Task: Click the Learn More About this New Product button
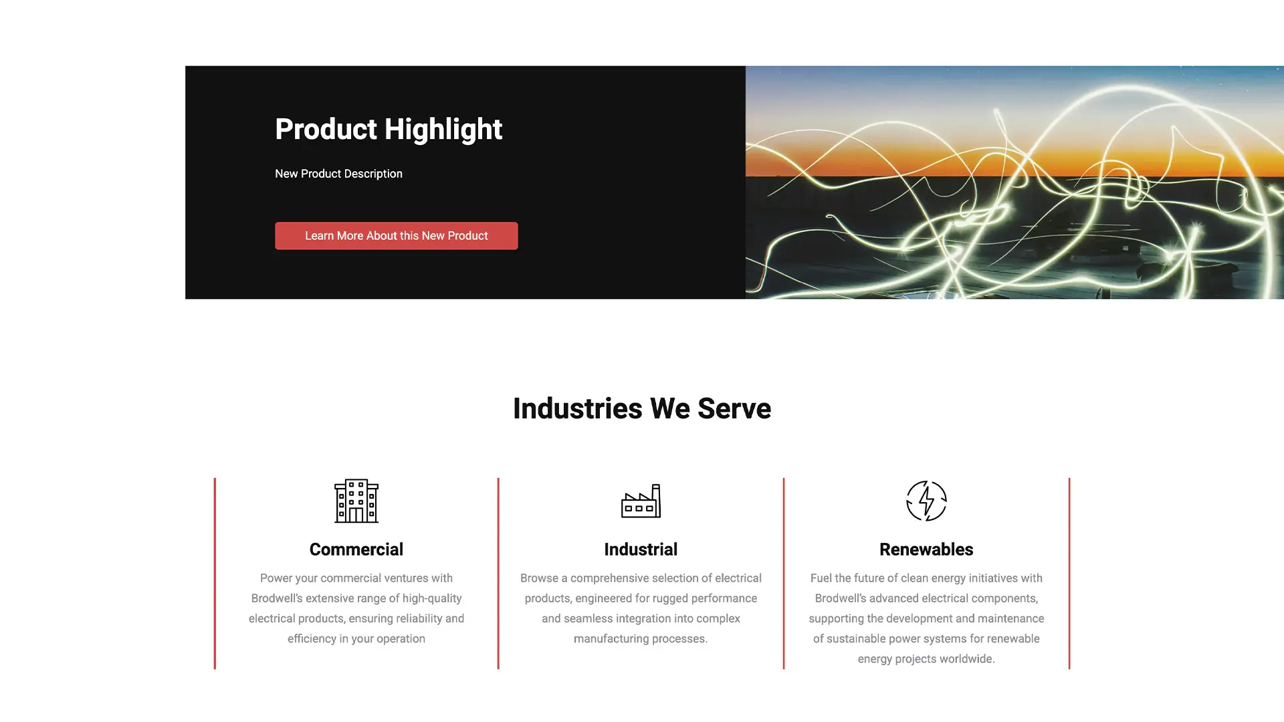coord(396,236)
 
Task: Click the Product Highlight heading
coord(389,130)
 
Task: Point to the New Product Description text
coord(338,174)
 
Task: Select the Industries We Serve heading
coord(642,408)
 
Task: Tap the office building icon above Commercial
coord(356,501)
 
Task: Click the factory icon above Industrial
coord(641,501)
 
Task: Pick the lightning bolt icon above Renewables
coord(926,501)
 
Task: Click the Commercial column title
coord(356,550)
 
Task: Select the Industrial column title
coord(641,550)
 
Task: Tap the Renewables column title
coord(926,550)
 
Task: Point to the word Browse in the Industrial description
coord(539,578)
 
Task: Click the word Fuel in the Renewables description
coord(821,578)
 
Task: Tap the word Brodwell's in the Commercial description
coord(277,598)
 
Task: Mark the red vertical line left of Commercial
coord(215,574)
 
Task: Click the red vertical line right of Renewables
coord(1069,574)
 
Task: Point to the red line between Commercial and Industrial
coord(498,574)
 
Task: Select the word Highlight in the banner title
coord(443,130)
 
